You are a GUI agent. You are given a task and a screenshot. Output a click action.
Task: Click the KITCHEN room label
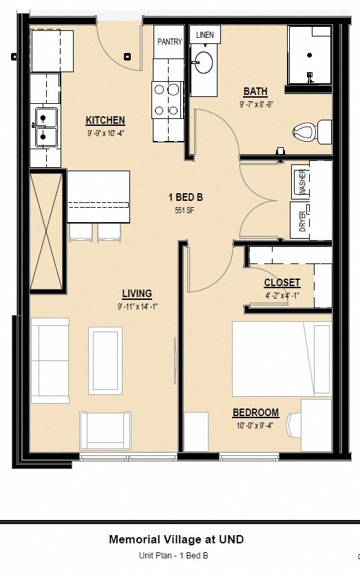tap(105, 120)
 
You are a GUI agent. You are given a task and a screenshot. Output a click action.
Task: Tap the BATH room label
tap(255, 91)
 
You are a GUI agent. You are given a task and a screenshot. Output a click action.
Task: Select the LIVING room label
tap(137, 293)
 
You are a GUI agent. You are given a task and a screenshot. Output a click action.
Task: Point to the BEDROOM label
tap(255, 413)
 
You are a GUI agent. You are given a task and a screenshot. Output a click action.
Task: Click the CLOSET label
tap(282, 283)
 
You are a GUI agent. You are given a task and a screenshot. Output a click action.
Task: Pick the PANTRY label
tap(169, 42)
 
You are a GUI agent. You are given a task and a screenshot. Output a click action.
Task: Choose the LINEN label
tap(204, 34)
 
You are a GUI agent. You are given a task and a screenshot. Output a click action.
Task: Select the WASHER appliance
tap(301, 182)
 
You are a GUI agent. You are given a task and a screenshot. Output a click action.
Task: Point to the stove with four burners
tap(167, 99)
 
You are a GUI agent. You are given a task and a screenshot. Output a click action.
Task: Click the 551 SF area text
tap(185, 211)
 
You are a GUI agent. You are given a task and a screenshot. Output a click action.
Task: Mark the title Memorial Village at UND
tap(176, 540)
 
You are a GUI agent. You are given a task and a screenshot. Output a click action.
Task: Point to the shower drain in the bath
tap(310, 54)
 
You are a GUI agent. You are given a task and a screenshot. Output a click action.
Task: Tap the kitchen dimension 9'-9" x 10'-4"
tap(105, 133)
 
